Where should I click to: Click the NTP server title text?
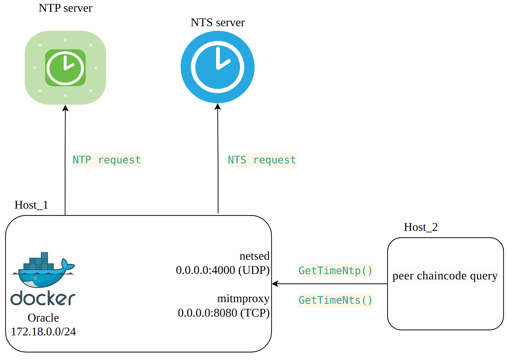65,8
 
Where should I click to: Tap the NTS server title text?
218,23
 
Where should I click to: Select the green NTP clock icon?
65,68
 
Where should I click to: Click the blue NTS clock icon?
217,67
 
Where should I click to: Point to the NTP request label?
107,160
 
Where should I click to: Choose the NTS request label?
262,160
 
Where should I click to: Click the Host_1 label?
31,205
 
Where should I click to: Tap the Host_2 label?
421,227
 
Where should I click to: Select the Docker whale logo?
43,270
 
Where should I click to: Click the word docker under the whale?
43,298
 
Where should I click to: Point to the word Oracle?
43,318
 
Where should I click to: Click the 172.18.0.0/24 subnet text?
43,332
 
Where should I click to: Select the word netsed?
254,256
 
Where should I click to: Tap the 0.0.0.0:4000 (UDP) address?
223,270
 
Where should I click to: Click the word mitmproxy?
243,299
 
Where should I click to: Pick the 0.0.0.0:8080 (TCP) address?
224,313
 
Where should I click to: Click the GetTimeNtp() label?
336,271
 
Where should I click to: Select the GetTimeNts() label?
336,300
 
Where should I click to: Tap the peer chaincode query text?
445,276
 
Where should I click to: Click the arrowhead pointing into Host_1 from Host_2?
275,284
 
